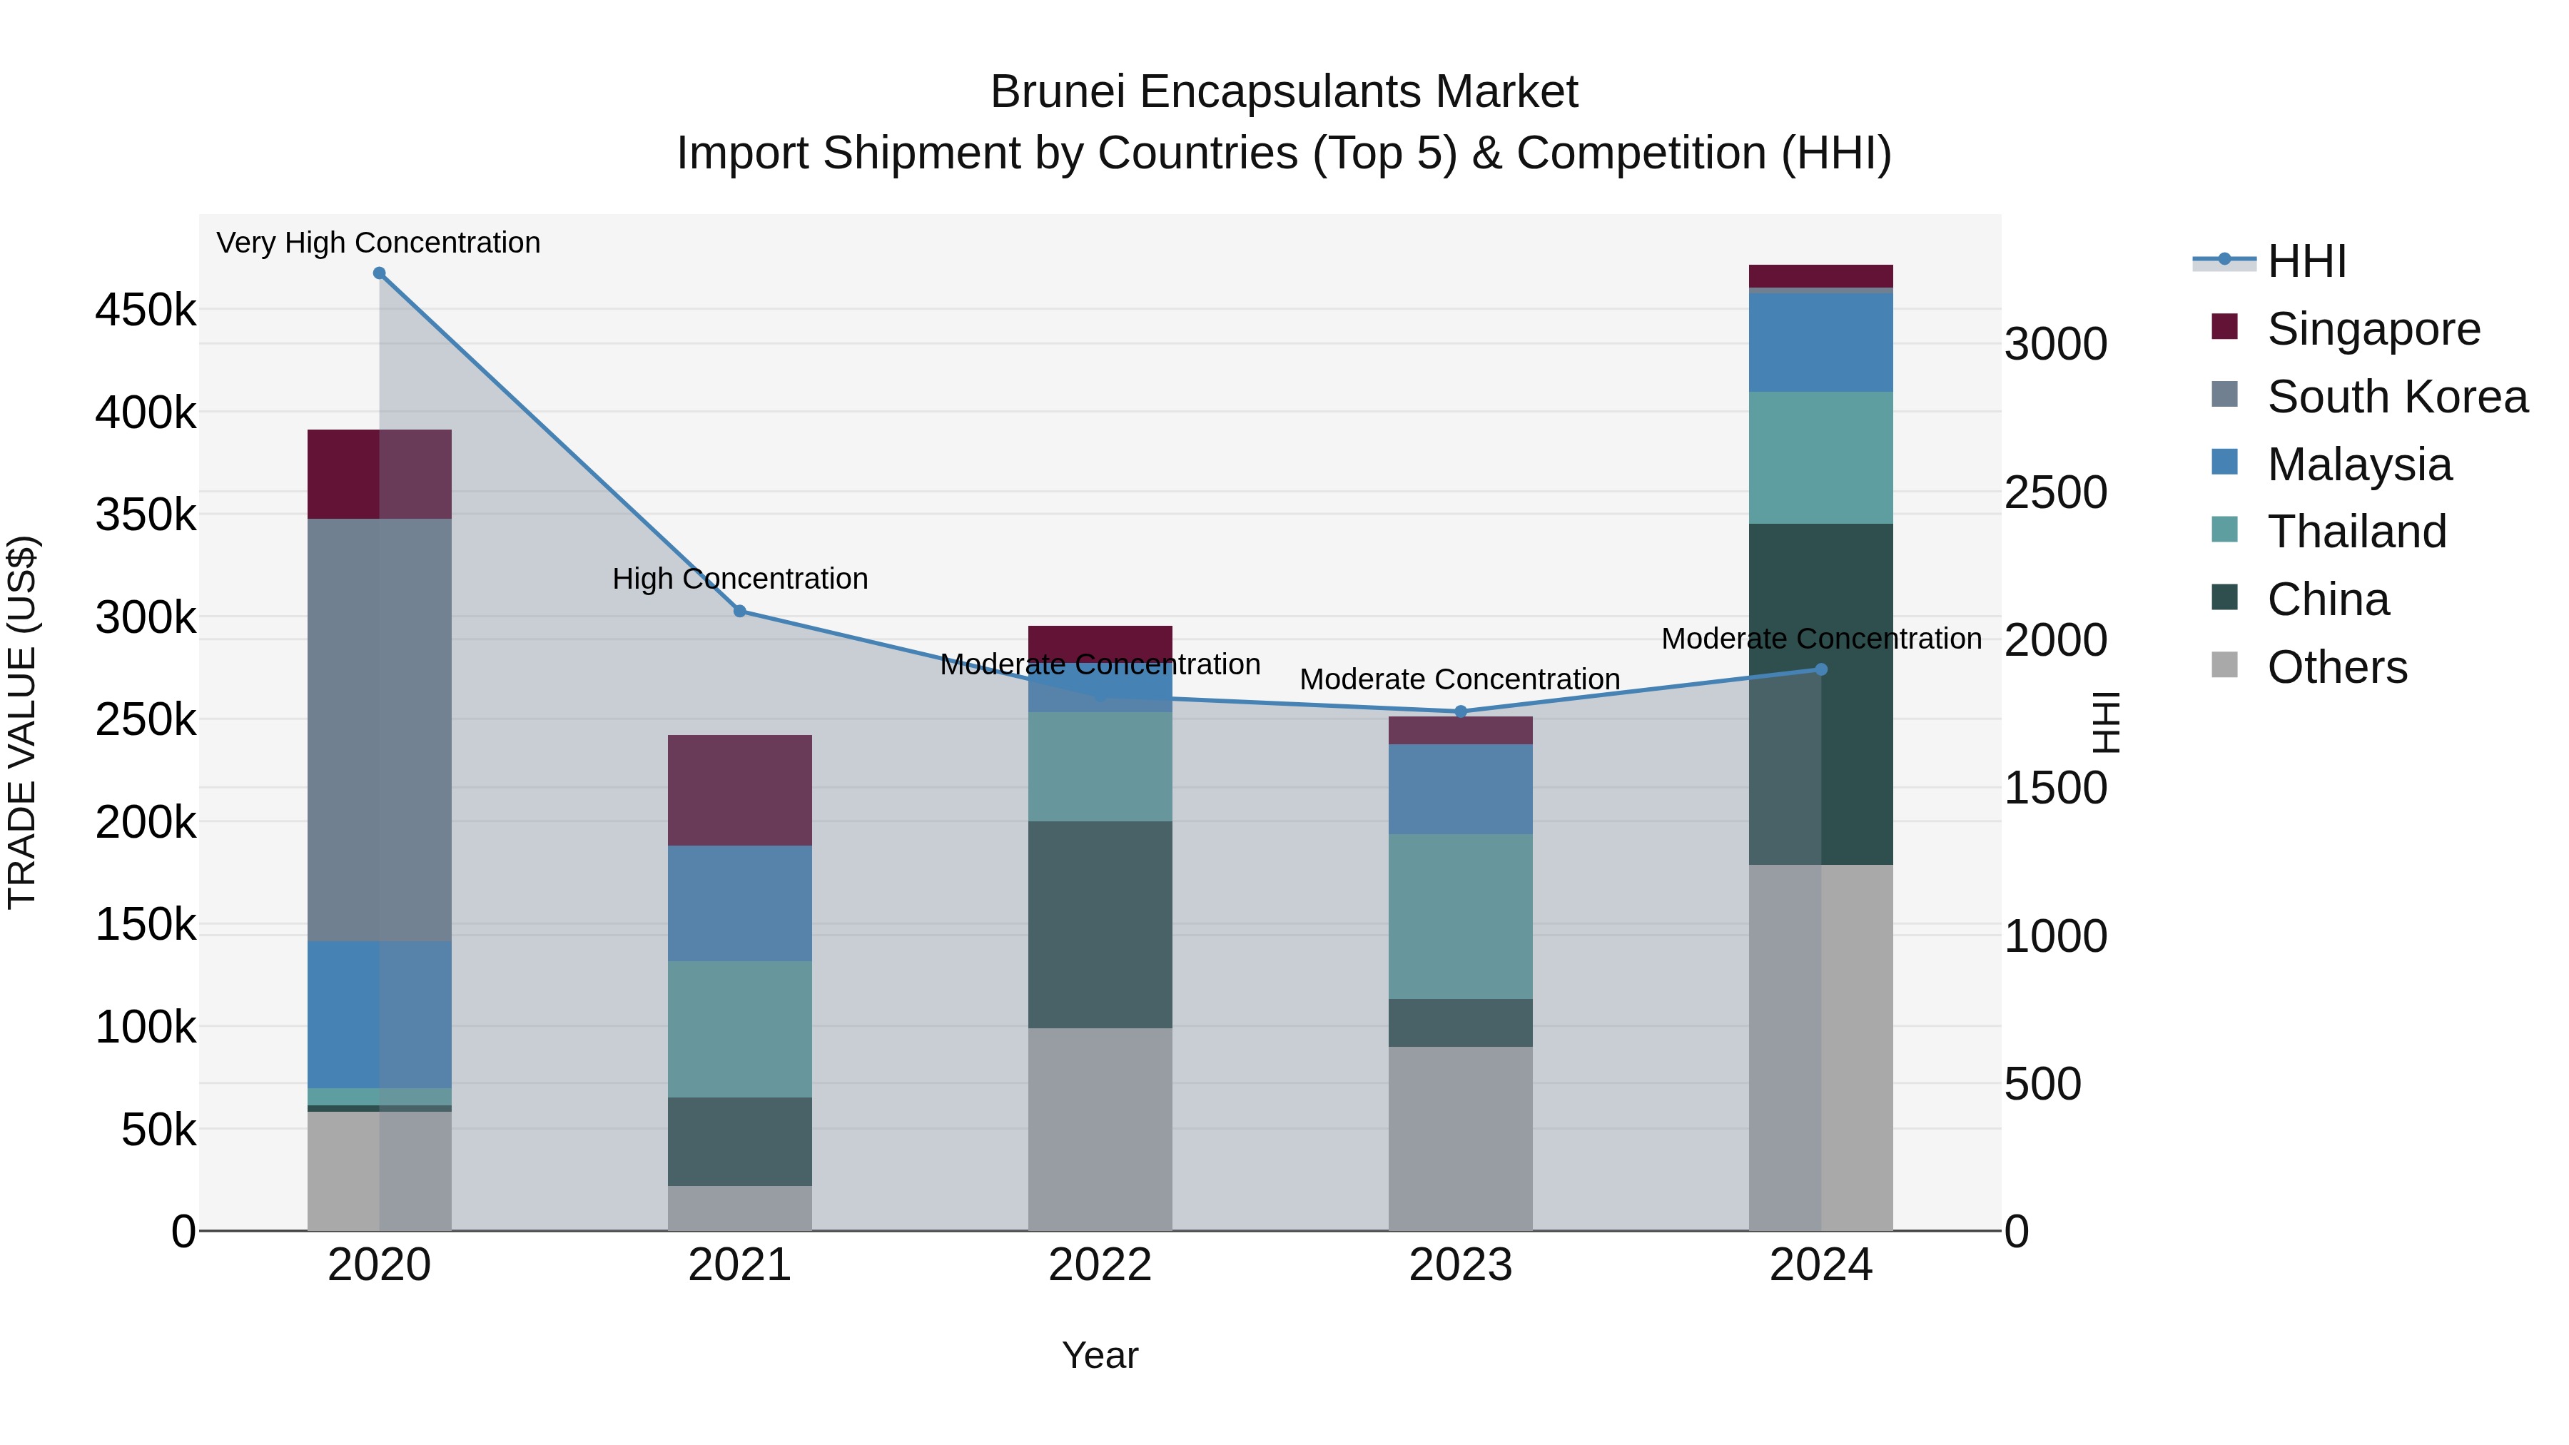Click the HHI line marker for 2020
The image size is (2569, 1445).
tap(379, 273)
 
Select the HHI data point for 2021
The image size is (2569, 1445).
tap(740, 612)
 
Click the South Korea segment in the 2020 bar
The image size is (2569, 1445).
tap(379, 728)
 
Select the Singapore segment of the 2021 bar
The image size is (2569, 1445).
tap(740, 790)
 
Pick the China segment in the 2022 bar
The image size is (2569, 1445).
tap(1100, 924)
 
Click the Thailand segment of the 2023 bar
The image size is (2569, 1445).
tap(1461, 916)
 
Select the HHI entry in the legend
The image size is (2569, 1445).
tap(2306, 261)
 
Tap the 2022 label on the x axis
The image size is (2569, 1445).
tap(1100, 1265)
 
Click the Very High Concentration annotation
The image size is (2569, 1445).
tap(379, 243)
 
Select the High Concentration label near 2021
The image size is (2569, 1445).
tap(740, 579)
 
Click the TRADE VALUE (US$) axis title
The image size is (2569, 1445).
tap(22, 722)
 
